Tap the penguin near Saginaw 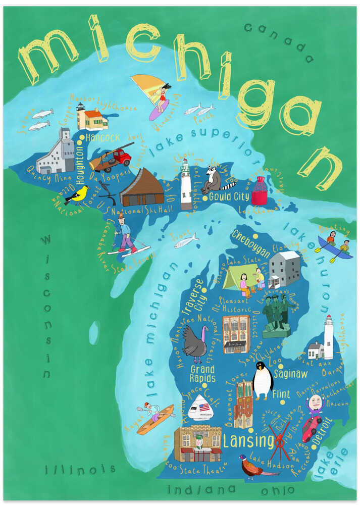(263, 380)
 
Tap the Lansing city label (248, 441)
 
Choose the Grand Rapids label (202, 374)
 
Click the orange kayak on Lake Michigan (153, 419)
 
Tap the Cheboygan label (251, 236)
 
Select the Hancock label (102, 137)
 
